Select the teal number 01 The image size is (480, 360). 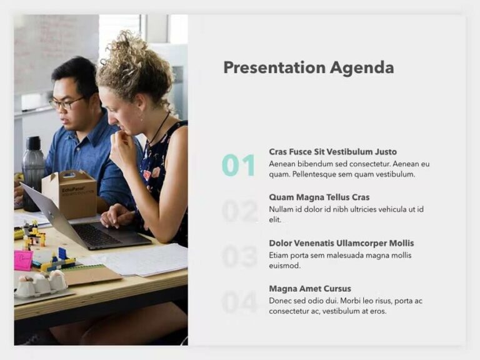tap(238, 165)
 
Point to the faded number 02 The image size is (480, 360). tap(239, 211)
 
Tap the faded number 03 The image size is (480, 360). tap(239, 256)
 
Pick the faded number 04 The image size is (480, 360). tap(239, 302)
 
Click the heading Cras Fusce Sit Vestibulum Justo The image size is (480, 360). tap(332, 152)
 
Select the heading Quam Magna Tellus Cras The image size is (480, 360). tap(319, 197)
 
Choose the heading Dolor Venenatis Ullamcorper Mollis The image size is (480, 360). tap(341, 243)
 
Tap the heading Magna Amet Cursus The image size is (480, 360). tap(310, 289)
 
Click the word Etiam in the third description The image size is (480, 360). tap(279, 254)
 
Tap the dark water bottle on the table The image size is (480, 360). tap(33, 172)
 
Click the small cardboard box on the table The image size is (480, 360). tap(69, 193)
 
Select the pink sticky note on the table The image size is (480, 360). tap(24, 260)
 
